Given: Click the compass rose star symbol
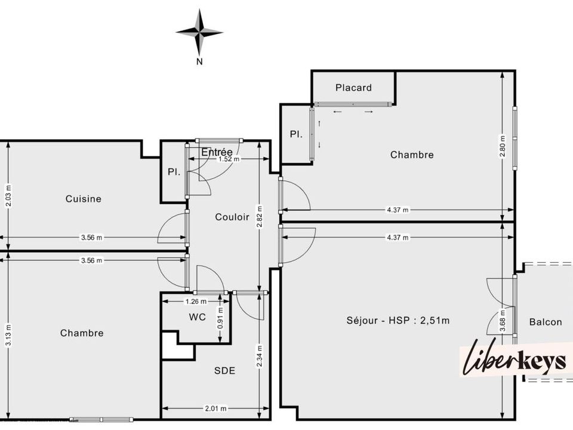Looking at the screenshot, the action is click(x=199, y=32).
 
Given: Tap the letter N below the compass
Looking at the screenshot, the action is click(x=199, y=62).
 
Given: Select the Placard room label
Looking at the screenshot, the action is click(x=353, y=88).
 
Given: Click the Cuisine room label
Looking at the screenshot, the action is click(x=84, y=198).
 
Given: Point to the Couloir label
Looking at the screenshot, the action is click(x=232, y=217).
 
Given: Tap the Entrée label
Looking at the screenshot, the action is click(x=217, y=152).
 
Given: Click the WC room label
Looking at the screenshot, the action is click(x=198, y=317).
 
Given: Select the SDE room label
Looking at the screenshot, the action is click(x=225, y=371).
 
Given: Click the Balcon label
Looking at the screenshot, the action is click(x=546, y=322).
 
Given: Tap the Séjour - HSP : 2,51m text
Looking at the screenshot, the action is click(x=398, y=321).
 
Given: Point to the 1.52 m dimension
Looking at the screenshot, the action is click(x=229, y=159).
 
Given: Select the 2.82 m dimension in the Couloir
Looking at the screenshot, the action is click(x=260, y=216).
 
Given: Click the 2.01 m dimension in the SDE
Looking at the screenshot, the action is click(x=215, y=408).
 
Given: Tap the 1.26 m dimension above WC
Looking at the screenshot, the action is click(x=196, y=302).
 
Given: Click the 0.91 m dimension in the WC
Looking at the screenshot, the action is click(x=220, y=317).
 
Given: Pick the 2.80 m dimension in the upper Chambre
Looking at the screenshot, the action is click(x=503, y=146).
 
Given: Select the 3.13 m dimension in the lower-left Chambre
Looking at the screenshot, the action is click(x=8, y=335).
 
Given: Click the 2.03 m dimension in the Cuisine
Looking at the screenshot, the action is click(x=8, y=196).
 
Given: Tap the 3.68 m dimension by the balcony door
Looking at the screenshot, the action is click(x=503, y=321).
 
